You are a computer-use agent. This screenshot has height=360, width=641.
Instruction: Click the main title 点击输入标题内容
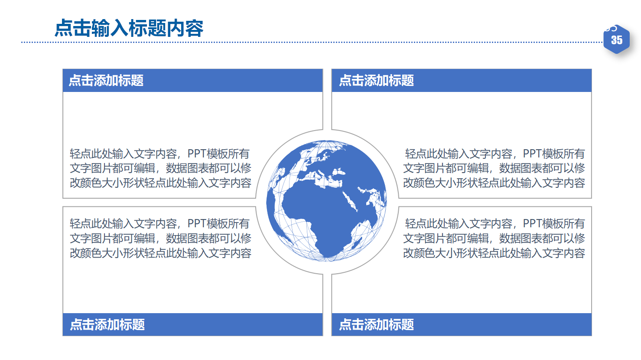coord(129,29)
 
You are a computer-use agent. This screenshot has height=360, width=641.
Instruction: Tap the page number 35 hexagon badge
coord(616,40)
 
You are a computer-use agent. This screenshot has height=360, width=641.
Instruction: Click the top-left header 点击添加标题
coord(106,80)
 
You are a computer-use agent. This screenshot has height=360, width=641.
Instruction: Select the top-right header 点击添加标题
coord(376,80)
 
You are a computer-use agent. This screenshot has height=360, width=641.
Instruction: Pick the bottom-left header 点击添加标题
coord(107,324)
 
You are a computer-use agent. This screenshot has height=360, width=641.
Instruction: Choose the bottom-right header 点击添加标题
coord(376,324)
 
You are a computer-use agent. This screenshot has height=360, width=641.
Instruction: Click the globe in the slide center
coord(327,200)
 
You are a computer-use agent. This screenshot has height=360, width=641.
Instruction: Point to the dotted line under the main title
coord(303,43)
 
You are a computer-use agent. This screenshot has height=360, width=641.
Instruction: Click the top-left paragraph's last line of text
coord(160,183)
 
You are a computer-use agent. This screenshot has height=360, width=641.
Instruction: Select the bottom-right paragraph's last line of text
coord(494,253)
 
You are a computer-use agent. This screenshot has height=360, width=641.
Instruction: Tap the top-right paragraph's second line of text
coord(494,168)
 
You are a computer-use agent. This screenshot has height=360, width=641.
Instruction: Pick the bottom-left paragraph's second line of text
coord(160,239)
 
